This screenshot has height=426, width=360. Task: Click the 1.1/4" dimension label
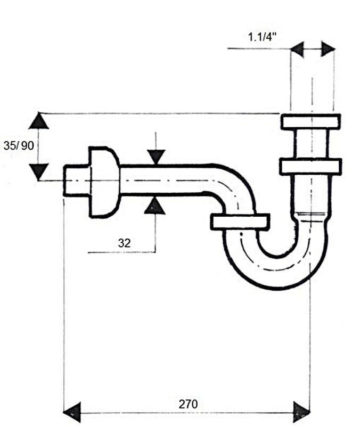[262, 37]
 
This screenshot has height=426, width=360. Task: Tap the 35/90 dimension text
[19, 145]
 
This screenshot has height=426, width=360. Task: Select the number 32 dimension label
[125, 243]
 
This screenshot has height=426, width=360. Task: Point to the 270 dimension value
[188, 404]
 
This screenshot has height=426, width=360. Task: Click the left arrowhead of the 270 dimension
[72, 413]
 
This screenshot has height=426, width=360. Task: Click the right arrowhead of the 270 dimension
[301, 413]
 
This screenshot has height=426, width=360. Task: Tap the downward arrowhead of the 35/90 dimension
[39, 171]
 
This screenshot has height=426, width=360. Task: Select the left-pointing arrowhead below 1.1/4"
[297, 49]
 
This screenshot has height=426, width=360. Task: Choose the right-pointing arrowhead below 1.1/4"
[328, 49]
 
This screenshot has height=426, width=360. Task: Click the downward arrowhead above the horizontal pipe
[156, 157]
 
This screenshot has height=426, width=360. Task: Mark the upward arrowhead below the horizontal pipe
[155, 206]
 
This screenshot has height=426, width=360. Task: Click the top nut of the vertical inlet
[310, 122]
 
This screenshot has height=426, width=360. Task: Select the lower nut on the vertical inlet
[310, 167]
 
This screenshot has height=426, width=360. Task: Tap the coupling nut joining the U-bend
[240, 222]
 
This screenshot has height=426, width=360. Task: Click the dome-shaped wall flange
[104, 182]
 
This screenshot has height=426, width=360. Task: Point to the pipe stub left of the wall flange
[76, 181]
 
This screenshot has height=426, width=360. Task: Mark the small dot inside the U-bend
[241, 234]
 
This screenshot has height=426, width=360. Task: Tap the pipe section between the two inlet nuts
[310, 144]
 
